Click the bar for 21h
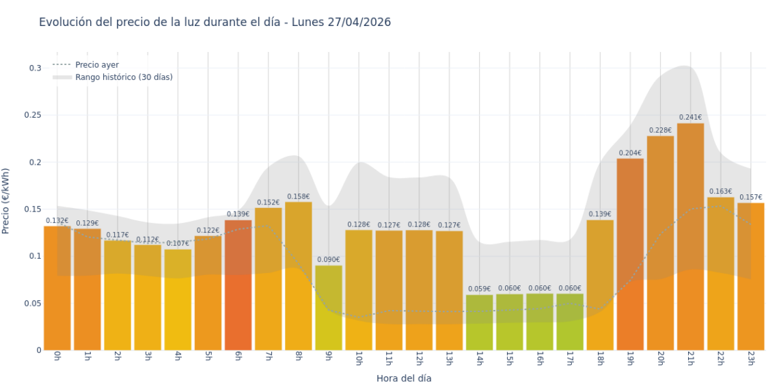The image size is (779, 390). click(x=690, y=236)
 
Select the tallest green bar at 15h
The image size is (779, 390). click(x=510, y=322)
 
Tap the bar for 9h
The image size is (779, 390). click(x=329, y=308)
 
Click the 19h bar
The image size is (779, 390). click(x=630, y=254)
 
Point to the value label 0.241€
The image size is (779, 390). click(x=690, y=118)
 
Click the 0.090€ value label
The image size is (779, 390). click(x=329, y=259)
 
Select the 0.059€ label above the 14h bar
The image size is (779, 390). click(x=480, y=289)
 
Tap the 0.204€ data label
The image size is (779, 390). click(x=630, y=153)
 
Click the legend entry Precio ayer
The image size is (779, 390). click(x=96, y=65)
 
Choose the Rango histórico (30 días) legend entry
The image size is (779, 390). click(x=124, y=77)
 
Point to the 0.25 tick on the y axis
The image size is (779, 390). click(x=32, y=115)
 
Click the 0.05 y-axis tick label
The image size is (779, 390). click(x=32, y=303)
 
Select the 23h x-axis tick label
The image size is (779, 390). click(x=750, y=359)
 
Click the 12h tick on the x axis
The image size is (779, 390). click(x=419, y=359)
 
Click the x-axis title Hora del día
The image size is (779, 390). click(x=404, y=378)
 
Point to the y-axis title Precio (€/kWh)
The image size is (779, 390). click(x=7, y=201)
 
